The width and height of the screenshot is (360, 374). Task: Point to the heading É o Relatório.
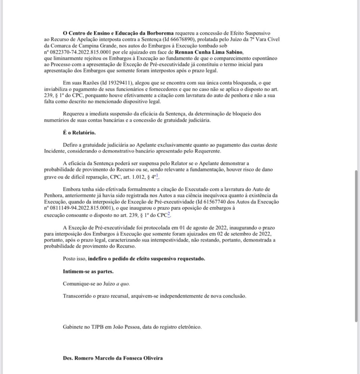(x=79, y=133)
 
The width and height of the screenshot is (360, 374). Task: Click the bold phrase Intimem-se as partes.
(x=88, y=271)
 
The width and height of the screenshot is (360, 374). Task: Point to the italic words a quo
(x=123, y=284)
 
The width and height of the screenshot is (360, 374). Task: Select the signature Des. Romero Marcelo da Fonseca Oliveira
(x=113, y=358)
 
